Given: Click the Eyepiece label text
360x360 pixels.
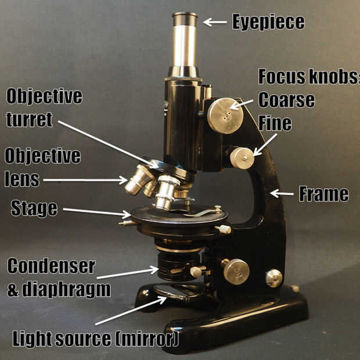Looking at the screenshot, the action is pyautogui.click(x=268, y=22).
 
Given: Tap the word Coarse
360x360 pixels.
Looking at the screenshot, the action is pyautogui.click(x=286, y=99).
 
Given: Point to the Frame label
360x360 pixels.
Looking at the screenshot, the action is pyautogui.click(x=323, y=194).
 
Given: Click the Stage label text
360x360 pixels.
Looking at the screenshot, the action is pyautogui.click(x=34, y=208).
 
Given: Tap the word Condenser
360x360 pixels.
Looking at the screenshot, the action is pyautogui.click(x=51, y=267).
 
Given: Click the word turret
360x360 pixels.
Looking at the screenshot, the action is pyautogui.click(x=29, y=120).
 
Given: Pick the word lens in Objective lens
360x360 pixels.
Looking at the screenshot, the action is pyautogui.click(x=22, y=179).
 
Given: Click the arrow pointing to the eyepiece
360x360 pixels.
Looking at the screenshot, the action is pyautogui.click(x=214, y=22).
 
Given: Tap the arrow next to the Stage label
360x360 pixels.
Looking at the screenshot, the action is pyautogui.click(x=96, y=212).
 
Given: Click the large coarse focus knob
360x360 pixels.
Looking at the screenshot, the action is pyautogui.click(x=225, y=116).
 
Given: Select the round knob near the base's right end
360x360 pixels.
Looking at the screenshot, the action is pyautogui.click(x=274, y=278).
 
